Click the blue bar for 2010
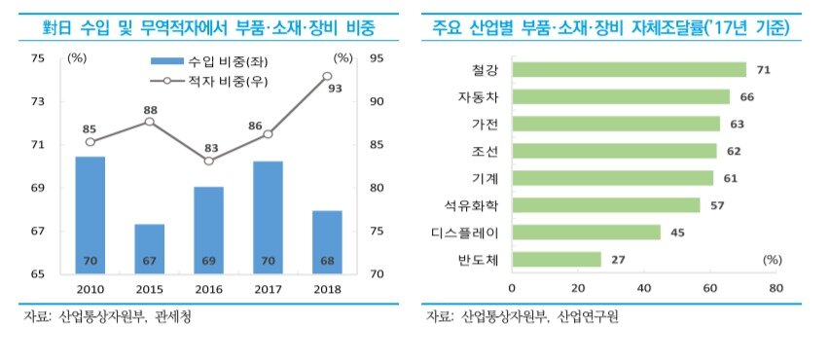point(90,214)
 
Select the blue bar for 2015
point(149,248)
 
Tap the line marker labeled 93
point(327,75)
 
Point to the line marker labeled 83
point(208,161)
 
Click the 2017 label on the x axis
point(268,288)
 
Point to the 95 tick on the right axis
point(376,59)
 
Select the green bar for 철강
point(629,69)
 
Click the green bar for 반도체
point(556,259)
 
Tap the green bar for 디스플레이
point(586,232)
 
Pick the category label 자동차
point(477,96)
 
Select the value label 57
point(717,205)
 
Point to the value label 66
point(747,96)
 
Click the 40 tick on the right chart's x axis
point(643,288)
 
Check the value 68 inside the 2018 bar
point(327,261)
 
